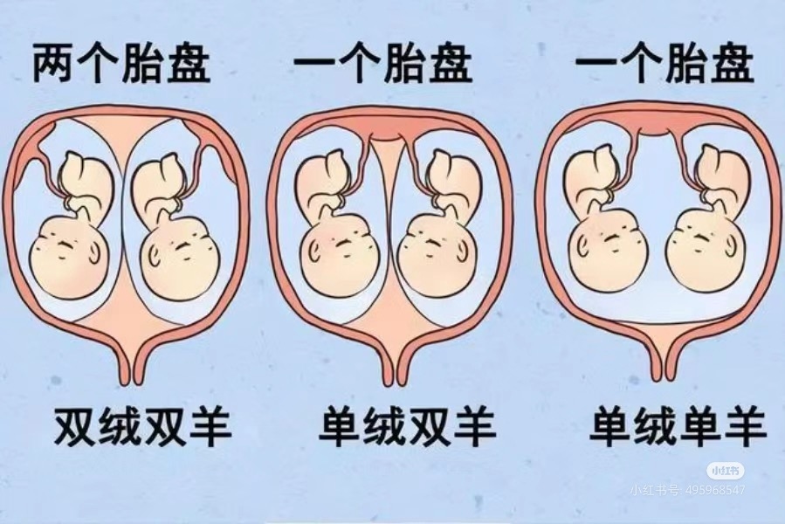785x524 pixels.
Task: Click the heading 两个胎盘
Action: click(x=121, y=64)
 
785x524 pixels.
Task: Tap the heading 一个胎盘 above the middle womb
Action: click(x=383, y=64)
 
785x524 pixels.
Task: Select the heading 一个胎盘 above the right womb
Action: click(x=664, y=64)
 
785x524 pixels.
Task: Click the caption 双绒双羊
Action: click(x=142, y=427)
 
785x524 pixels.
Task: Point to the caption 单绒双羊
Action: click(x=407, y=427)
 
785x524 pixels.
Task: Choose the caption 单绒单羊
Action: click(x=678, y=427)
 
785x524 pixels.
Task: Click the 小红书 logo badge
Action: click(x=726, y=471)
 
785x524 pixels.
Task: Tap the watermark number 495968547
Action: click(x=715, y=489)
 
